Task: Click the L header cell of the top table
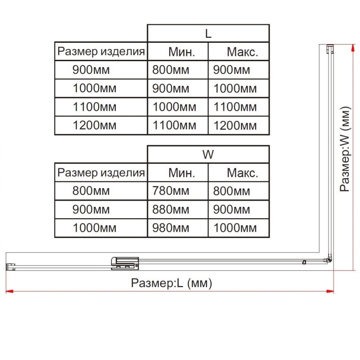click(x=208, y=33)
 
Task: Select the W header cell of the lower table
click(x=208, y=154)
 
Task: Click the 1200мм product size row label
click(x=94, y=126)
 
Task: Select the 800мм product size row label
click(x=91, y=191)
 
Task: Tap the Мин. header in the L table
click(x=182, y=52)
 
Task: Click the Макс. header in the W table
click(x=243, y=173)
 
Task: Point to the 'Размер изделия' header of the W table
click(x=101, y=173)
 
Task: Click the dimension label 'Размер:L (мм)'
click(x=171, y=283)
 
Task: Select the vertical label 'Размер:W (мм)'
click(x=345, y=149)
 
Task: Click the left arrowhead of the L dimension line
click(x=9, y=291)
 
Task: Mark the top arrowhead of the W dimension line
click(x=352, y=48)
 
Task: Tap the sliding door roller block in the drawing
click(x=125, y=263)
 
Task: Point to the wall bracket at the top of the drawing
click(x=330, y=49)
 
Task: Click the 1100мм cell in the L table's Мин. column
click(x=174, y=126)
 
